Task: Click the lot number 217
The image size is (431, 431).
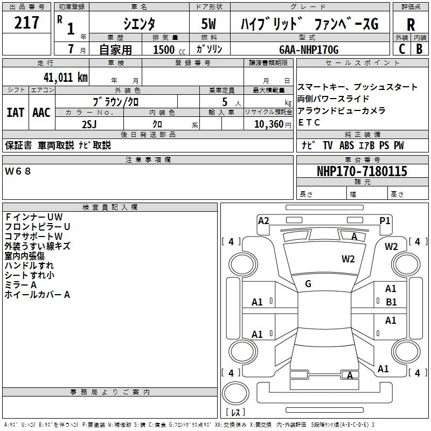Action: pos(26,23)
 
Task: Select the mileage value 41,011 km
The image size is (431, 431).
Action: pos(66,77)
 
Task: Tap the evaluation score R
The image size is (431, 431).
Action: pos(411,24)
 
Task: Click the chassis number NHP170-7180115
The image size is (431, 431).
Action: pos(362,171)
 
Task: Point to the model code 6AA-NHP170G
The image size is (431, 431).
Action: pos(309,50)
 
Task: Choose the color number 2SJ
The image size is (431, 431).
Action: pos(89,124)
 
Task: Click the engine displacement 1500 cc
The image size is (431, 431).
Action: pos(169,50)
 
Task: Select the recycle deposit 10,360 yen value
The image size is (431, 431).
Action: pos(273,124)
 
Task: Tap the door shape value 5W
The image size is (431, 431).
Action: pos(208,24)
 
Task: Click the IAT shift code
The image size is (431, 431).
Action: pos(15,113)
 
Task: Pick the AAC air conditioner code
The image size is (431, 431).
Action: pos(41,113)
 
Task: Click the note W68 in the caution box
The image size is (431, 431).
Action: pos(18,171)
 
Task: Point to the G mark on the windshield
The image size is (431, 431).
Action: pos(308,284)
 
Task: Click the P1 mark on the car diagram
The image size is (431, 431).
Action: pos(385,221)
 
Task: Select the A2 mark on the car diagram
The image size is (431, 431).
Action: pos(263,221)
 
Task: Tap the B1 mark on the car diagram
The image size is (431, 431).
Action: pos(391,302)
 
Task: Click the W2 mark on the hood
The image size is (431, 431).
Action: pos(348,259)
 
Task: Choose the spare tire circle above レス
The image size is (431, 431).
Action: pos(235,393)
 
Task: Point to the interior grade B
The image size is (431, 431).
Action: pos(419,49)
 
